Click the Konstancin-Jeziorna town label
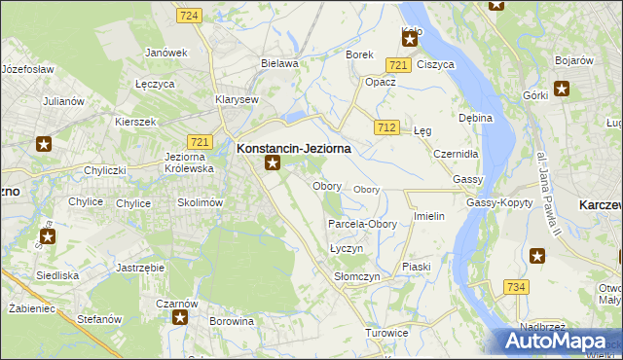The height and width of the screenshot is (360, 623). pyautogui.click(x=293, y=148)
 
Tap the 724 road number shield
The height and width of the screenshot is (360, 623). pyautogui.click(x=190, y=16)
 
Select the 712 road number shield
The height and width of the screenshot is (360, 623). pyautogui.click(x=386, y=127)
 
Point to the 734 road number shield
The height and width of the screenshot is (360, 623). pyautogui.click(x=516, y=286)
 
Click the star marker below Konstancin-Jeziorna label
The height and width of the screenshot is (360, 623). pyautogui.click(x=273, y=163)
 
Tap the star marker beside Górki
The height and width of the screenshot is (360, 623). pyautogui.click(x=562, y=90)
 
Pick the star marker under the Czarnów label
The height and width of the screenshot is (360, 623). pyautogui.click(x=179, y=317)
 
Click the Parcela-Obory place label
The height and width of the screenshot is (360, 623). pyautogui.click(x=361, y=224)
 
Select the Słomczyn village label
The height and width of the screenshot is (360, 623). pyautogui.click(x=356, y=277)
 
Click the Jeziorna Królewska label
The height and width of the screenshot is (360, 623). pyautogui.click(x=190, y=162)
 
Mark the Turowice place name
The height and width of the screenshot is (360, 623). pyautogui.click(x=386, y=333)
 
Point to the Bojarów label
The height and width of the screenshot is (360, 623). pyautogui.click(x=574, y=60)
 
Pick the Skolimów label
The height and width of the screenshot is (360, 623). pyautogui.click(x=201, y=202)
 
